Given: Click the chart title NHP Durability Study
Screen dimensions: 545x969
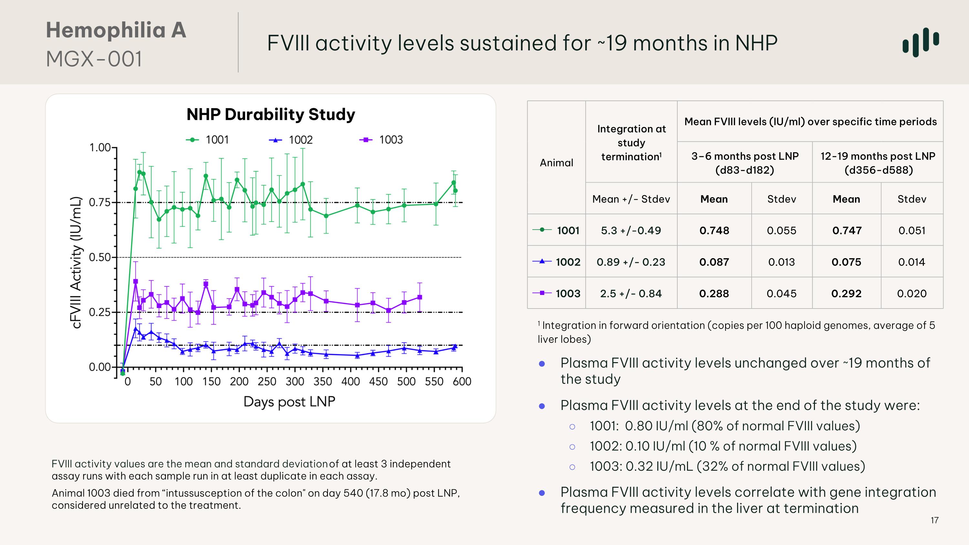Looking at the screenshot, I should [x=270, y=114].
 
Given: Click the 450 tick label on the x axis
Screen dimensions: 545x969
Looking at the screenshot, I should [x=378, y=382].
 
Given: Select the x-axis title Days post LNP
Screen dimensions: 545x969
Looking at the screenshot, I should [x=289, y=402].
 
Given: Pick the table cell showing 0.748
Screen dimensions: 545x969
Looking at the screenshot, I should [x=714, y=230].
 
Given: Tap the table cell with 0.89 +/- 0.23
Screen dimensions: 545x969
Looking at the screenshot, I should [x=631, y=262].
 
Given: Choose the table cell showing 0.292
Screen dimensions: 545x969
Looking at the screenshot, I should [x=846, y=293].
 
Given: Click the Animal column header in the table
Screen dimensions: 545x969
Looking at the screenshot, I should [x=556, y=162].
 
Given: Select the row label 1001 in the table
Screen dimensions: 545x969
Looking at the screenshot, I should [x=568, y=230].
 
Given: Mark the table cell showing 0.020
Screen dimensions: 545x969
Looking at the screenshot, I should [x=912, y=293].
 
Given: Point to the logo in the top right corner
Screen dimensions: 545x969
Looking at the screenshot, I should [x=921, y=42].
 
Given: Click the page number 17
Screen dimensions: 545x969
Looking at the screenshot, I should [x=934, y=520].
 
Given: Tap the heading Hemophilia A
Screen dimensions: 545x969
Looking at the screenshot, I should [x=116, y=30].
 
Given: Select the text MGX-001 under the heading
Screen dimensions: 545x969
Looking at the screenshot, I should [x=94, y=59].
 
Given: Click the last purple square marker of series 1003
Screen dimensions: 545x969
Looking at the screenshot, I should [x=420, y=297].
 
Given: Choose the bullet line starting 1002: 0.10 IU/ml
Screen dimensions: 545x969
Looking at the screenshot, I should [x=723, y=446].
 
